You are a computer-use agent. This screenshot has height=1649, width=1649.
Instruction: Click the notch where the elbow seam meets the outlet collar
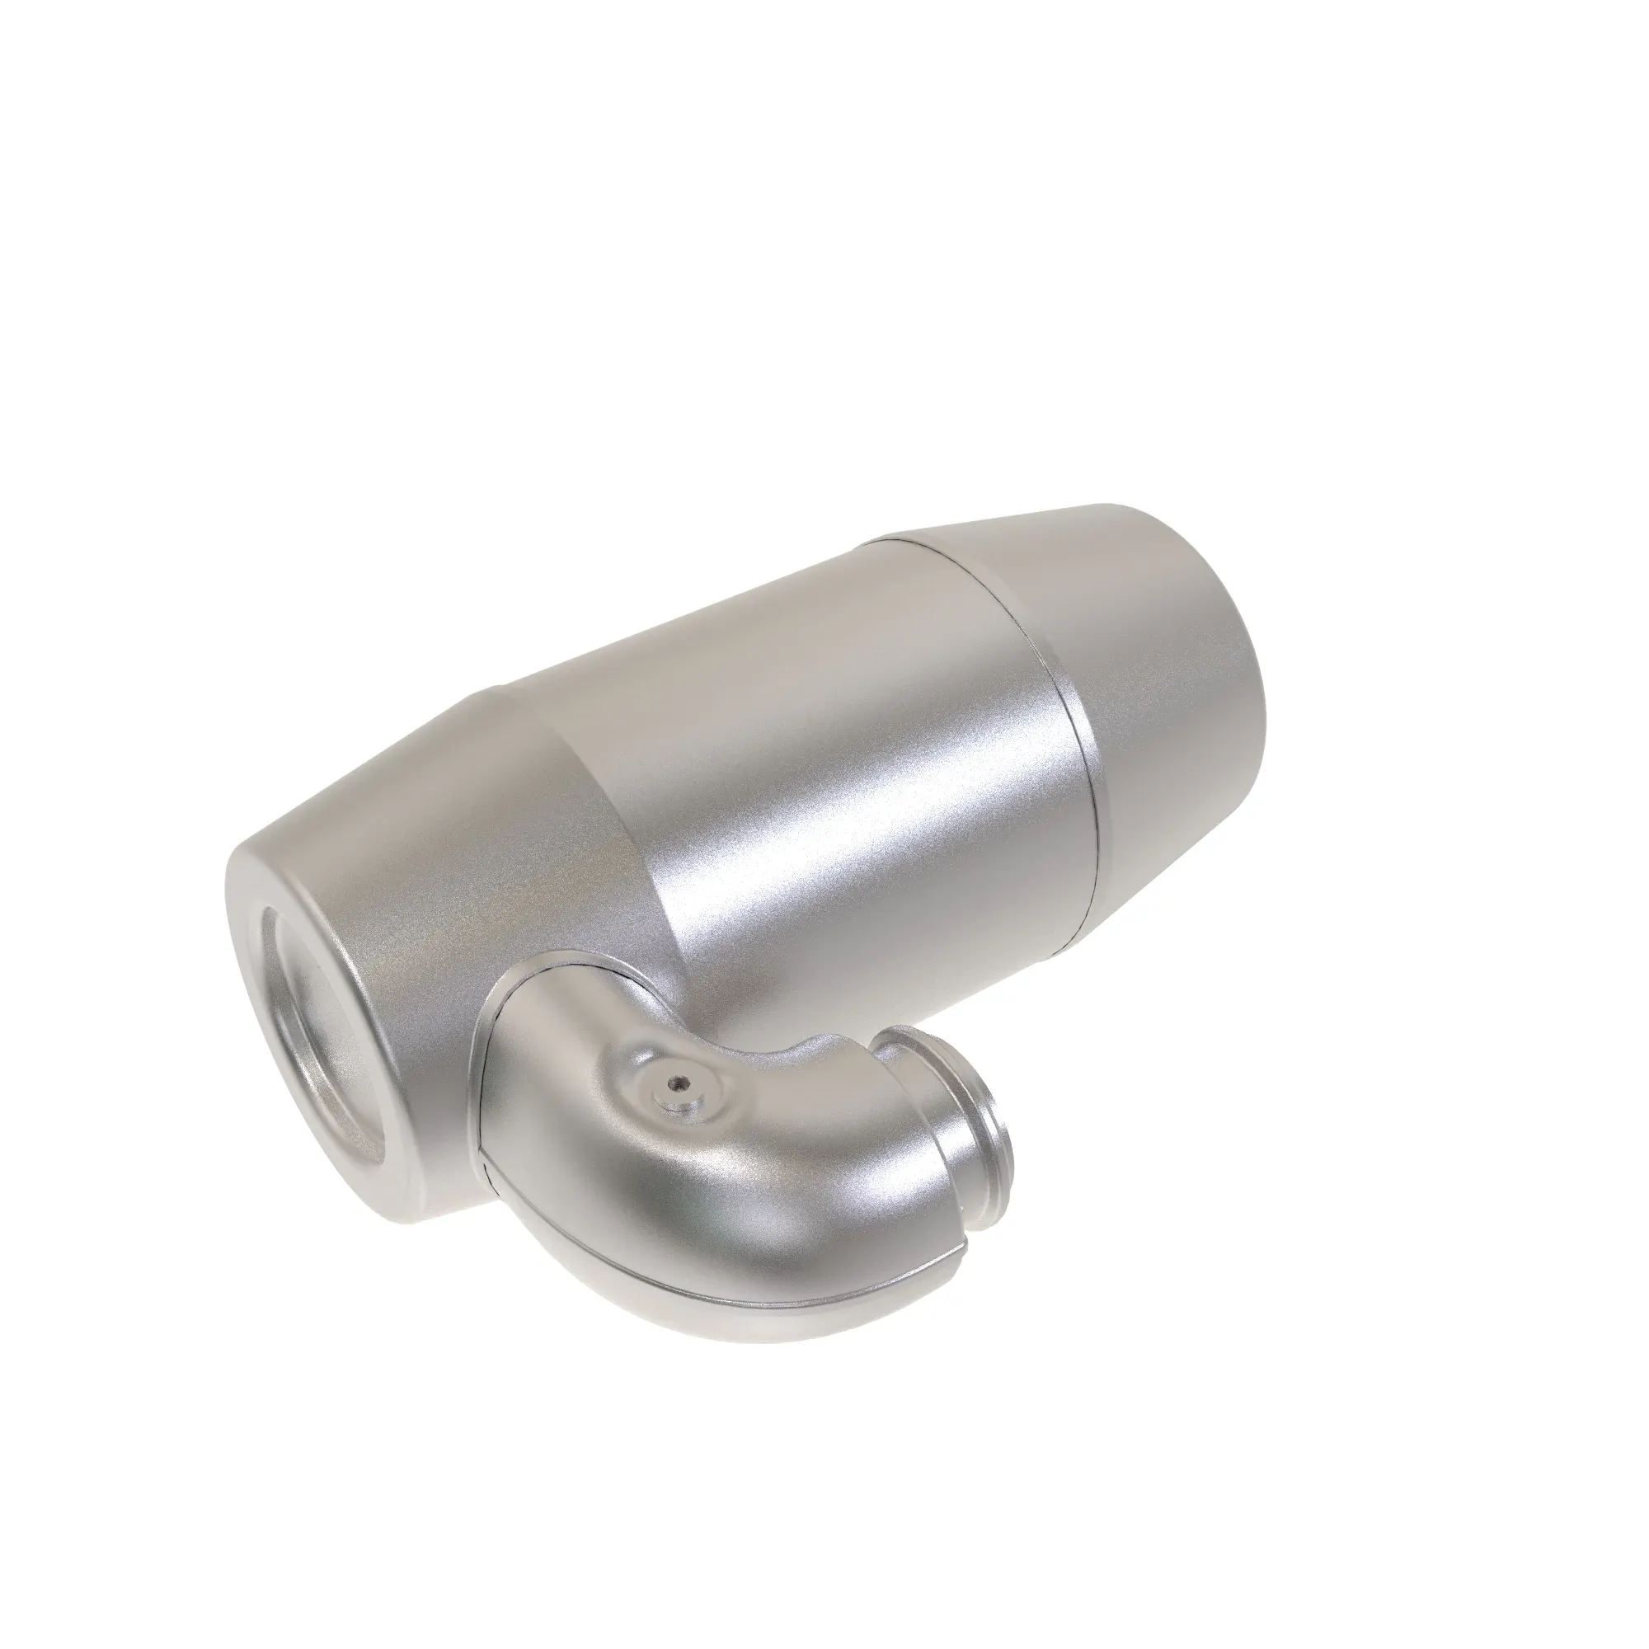(963, 1230)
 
